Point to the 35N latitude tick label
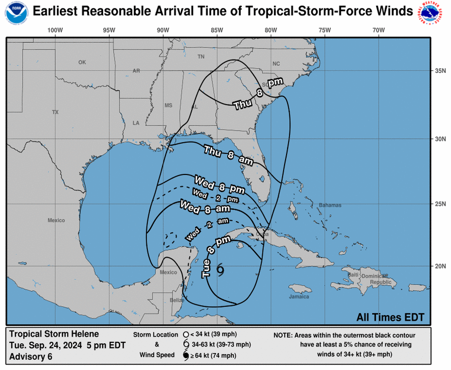(x=440, y=71)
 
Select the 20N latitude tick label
(x=440, y=266)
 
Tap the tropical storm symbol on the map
(x=220, y=270)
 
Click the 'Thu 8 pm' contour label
(x=258, y=94)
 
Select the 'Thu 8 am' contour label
(x=228, y=154)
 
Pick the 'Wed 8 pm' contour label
(x=219, y=184)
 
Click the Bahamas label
(x=330, y=205)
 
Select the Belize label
(x=176, y=300)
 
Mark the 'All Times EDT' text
(x=390, y=317)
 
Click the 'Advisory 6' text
(x=31, y=357)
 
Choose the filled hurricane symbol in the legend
(x=186, y=356)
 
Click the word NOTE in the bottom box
(x=284, y=335)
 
